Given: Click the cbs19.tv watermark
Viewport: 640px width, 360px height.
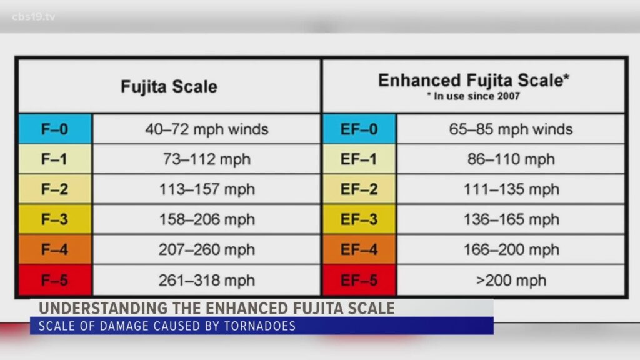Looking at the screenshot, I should tap(34, 17).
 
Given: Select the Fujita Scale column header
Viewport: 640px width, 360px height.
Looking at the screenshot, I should tap(169, 86).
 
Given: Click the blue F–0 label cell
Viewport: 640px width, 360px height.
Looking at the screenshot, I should tap(55, 129).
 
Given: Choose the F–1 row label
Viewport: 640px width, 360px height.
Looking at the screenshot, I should tap(55, 159).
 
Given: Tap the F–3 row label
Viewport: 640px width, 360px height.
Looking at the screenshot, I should tap(55, 219).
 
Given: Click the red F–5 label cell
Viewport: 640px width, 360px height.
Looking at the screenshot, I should tap(55, 280).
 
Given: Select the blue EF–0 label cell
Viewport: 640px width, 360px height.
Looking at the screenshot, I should tap(359, 129).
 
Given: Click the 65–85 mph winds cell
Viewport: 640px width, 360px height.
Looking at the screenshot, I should tap(511, 129).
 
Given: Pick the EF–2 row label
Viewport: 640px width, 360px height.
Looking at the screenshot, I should tap(359, 189).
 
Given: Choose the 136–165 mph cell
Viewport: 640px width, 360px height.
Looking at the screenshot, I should tap(511, 219).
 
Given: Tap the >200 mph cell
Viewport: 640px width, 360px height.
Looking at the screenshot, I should tap(511, 280).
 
